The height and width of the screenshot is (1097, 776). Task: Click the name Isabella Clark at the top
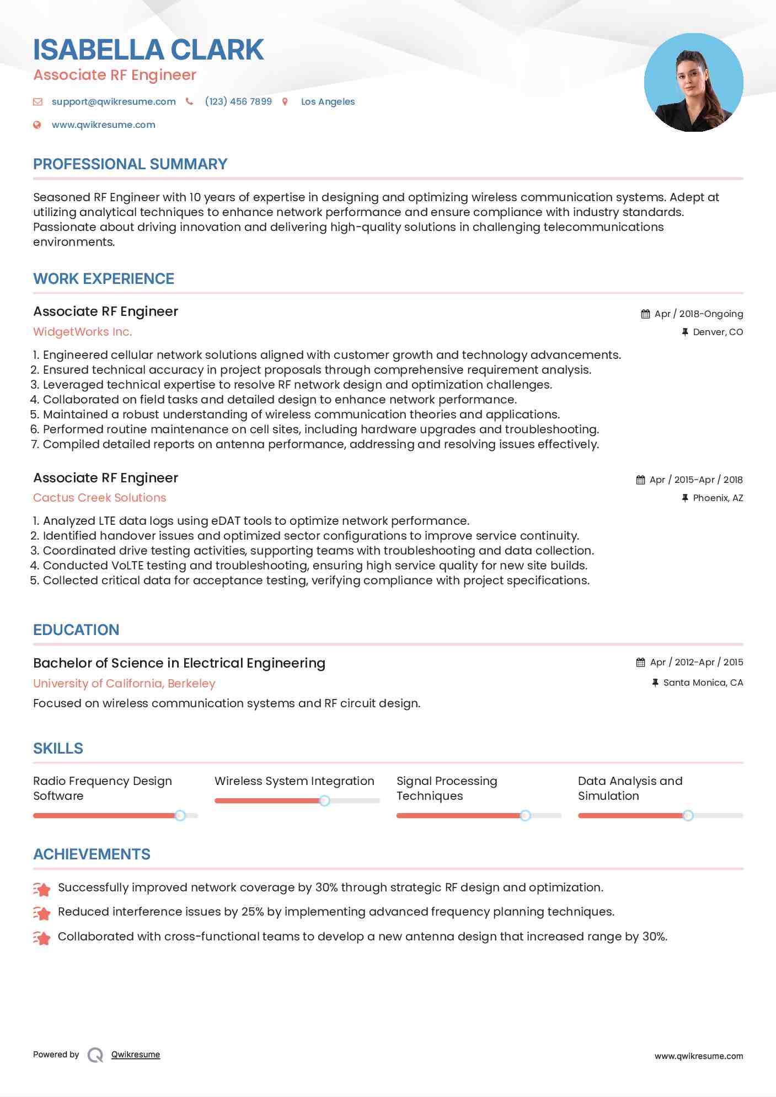point(148,50)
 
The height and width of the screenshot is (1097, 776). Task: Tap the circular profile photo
point(693,83)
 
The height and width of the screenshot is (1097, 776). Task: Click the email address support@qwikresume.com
point(114,101)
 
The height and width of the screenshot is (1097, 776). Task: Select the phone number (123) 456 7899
point(238,101)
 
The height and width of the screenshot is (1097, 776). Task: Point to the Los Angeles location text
point(328,101)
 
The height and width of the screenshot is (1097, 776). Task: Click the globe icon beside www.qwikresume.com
point(37,125)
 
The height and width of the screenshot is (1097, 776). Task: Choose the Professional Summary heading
point(130,164)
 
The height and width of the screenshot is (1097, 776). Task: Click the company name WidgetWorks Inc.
point(83,332)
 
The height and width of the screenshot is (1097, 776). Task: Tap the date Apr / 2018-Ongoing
point(698,314)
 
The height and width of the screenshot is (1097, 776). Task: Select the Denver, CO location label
point(718,332)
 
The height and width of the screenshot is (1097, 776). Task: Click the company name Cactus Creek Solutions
point(100,498)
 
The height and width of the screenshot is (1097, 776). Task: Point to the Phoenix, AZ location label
point(718,498)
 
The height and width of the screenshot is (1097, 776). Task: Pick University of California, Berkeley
point(124,684)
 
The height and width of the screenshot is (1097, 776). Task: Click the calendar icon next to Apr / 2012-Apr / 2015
point(640,662)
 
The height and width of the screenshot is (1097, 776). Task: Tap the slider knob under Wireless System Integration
point(325,800)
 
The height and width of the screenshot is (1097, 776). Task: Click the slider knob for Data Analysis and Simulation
point(688,815)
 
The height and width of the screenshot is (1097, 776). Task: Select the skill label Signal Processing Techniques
point(447,788)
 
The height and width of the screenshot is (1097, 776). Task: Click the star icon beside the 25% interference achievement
point(42,913)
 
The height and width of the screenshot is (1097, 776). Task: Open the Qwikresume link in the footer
point(136,1055)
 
